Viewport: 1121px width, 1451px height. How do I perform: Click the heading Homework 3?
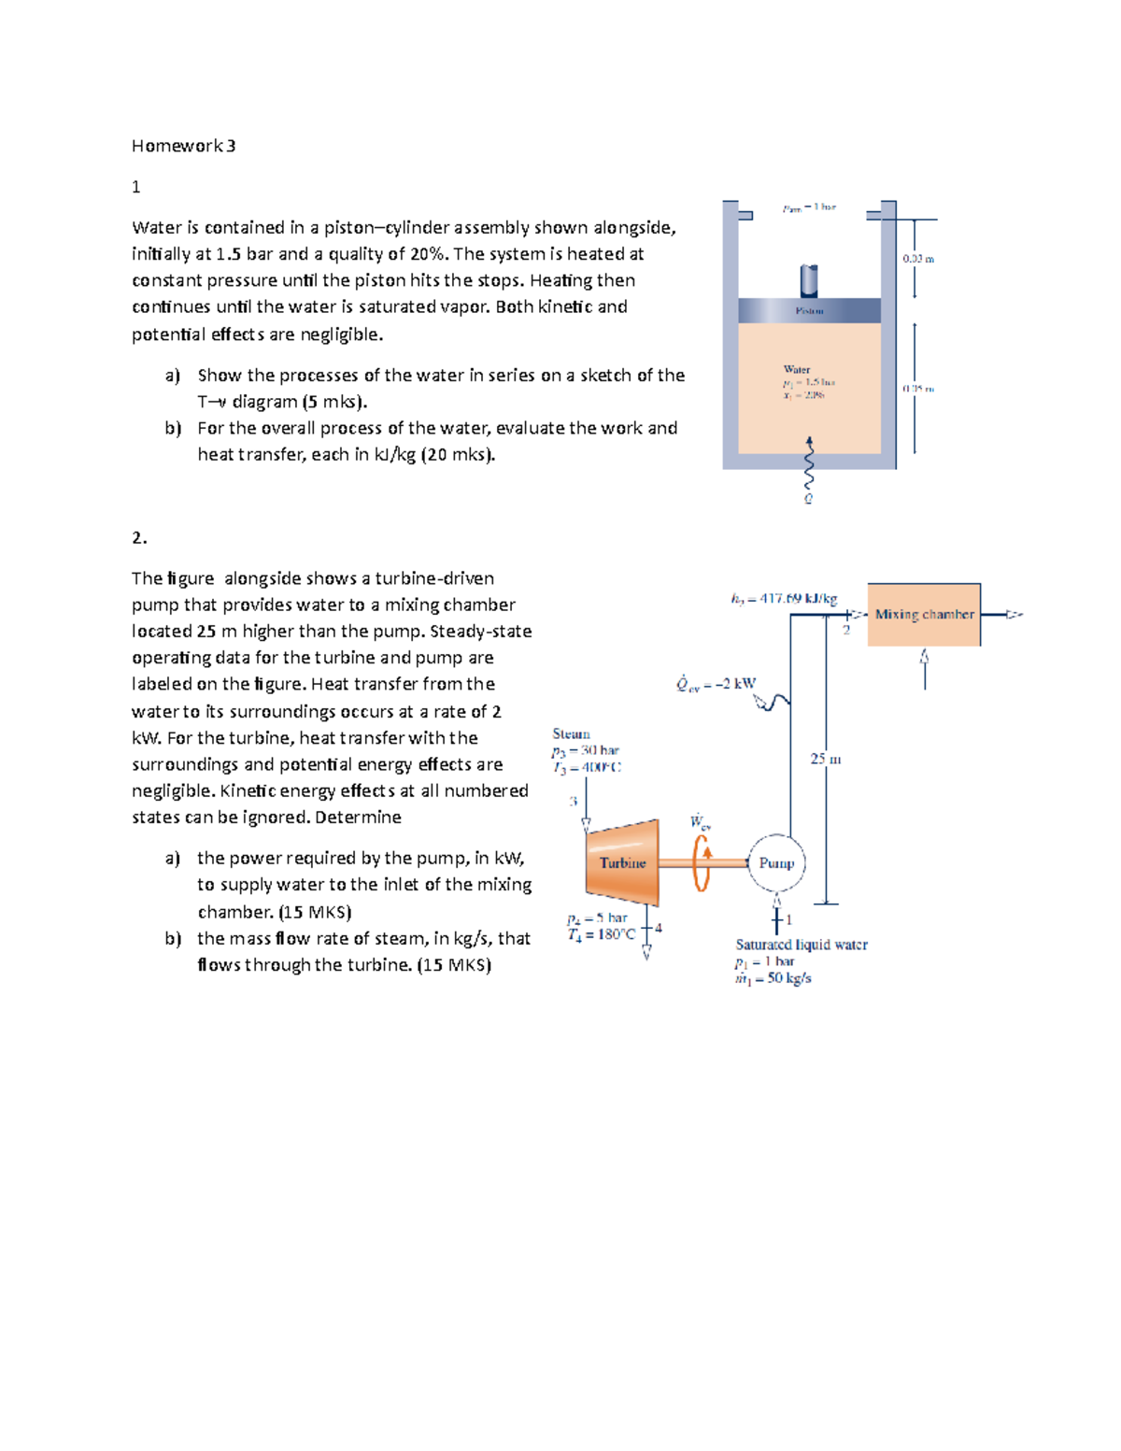[183, 146]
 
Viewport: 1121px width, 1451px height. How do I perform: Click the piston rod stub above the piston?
[809, 280]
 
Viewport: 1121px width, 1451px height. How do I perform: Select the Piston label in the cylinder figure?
[809, 310]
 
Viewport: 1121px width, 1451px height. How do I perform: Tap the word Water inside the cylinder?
[797, 369]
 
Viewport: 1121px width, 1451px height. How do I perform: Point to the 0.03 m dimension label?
[918, 259]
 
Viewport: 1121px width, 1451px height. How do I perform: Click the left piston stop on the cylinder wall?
[745, 216]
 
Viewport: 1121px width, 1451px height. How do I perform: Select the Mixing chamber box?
[924, 615]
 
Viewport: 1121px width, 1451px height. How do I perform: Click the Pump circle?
[776, 863]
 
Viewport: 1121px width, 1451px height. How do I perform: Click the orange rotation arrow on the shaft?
[702, 861]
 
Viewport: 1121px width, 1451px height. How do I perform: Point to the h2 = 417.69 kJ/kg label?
[784, 598]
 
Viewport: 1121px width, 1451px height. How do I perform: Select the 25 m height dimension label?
[825, 759]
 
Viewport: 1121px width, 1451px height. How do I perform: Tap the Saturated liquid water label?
[802, 945]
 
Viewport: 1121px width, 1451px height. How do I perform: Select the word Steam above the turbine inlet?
[571, 733]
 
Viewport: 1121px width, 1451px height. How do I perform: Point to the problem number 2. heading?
[139, 537]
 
